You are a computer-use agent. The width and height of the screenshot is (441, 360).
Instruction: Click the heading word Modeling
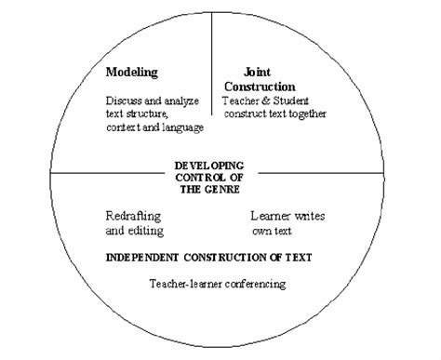coord(132,72)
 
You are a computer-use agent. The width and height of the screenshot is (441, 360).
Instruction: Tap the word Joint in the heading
coord(258,72)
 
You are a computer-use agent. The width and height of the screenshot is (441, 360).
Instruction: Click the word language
coord(182,126)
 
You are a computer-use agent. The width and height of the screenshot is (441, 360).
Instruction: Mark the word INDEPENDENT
coord(140,254)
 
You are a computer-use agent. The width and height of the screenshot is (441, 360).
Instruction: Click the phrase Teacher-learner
coord(184,283)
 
